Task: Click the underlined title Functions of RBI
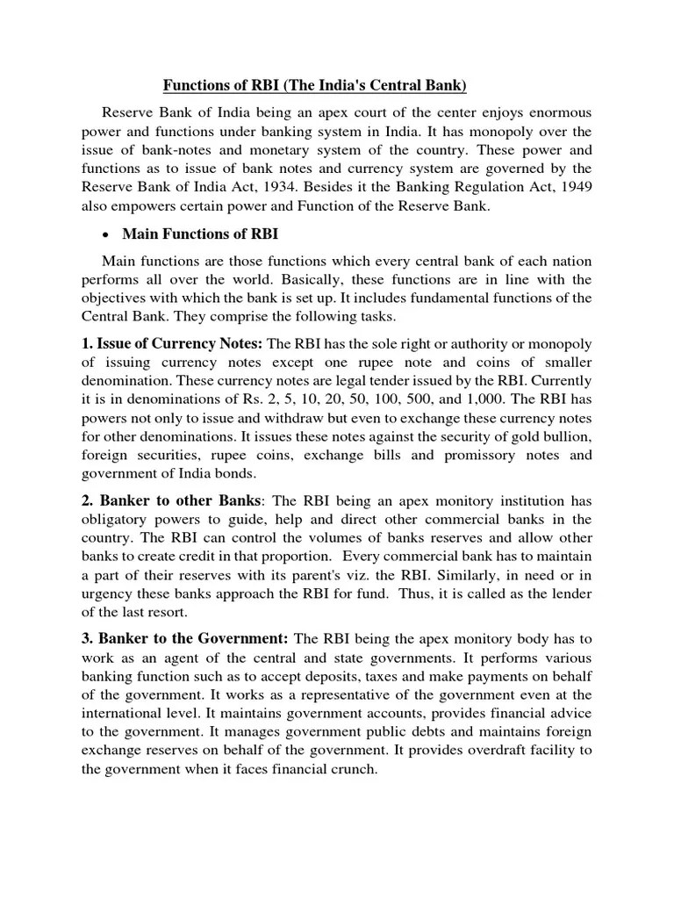tap(315, 85)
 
